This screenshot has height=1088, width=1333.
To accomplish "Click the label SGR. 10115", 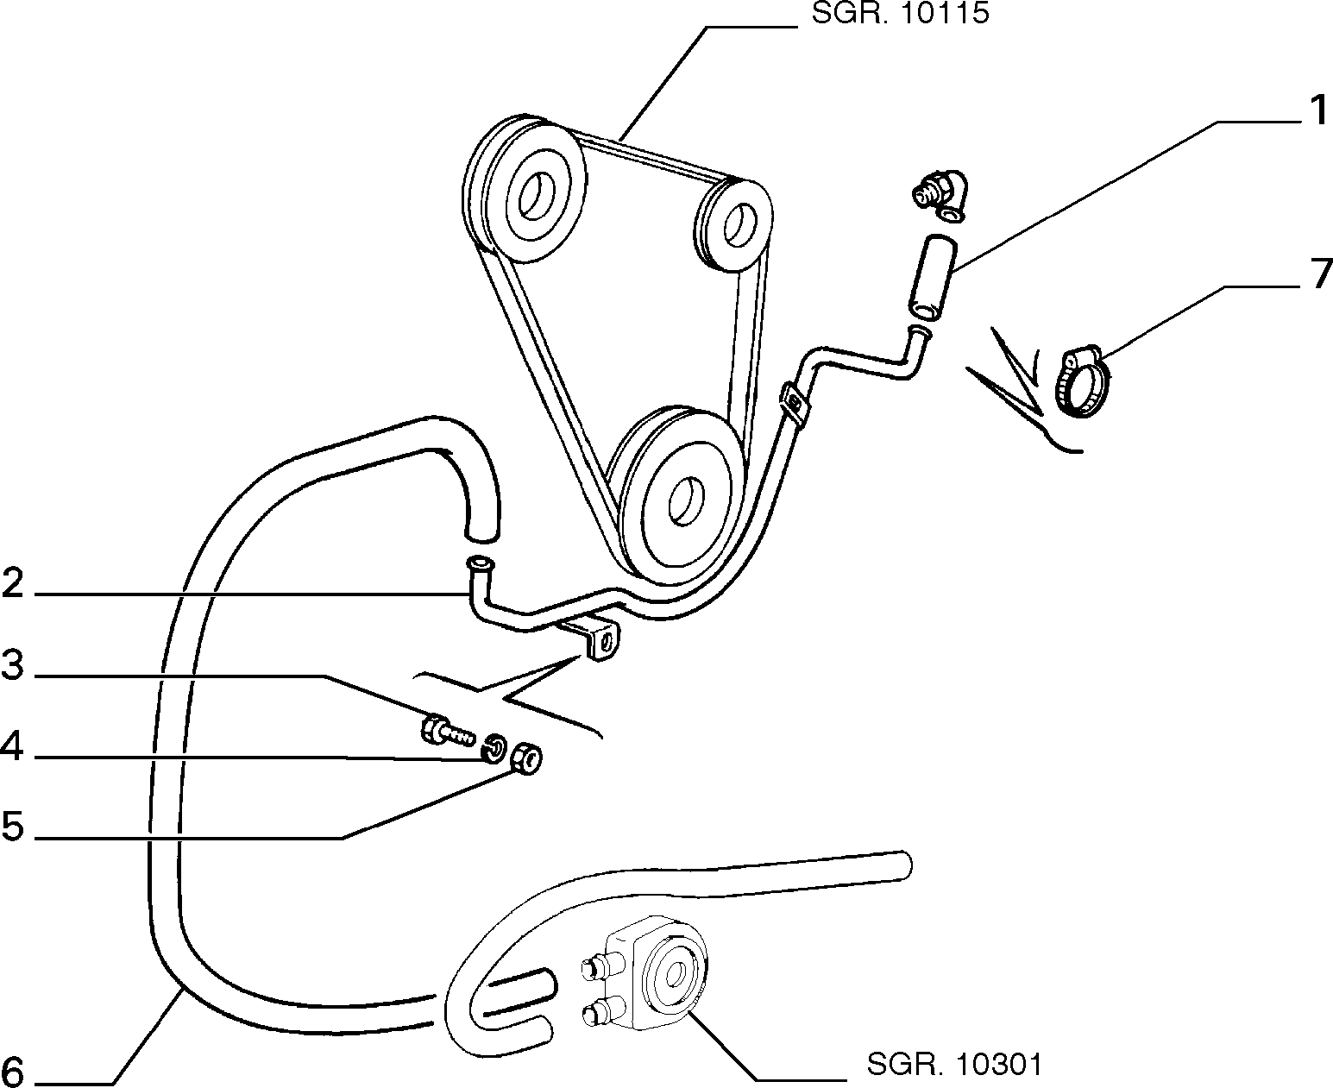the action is pyautogui.click(x=900, y=13).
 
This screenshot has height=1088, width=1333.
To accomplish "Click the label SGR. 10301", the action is pyautogui.click(x=954, y=1064).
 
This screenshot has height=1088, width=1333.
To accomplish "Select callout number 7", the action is pyautogui.click(x=1320, y=274).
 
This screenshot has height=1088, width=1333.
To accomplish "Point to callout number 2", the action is pyautogui.click(x=13, y=582).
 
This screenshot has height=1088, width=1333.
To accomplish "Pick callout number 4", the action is pyautogui.click(x=12, y=746).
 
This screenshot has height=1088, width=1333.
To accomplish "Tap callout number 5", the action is pyautogui.click(x=13, y=826).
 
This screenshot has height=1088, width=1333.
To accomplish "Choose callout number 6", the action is pyautogui.click(x=13, y=1071).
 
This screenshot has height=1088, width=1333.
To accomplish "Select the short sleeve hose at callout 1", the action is pyautogui.click(x=933, y=276).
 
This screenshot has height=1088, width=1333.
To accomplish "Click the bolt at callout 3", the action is pyautogui.click(x=446, y=731).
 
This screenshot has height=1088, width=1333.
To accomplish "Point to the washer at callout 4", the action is pyautogui.click(x=494, y=748).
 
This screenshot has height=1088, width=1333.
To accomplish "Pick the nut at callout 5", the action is pyautogui.click(x=525, y=758).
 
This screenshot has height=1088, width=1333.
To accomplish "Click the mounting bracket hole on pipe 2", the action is pyautogui.click(x=607, y=643).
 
